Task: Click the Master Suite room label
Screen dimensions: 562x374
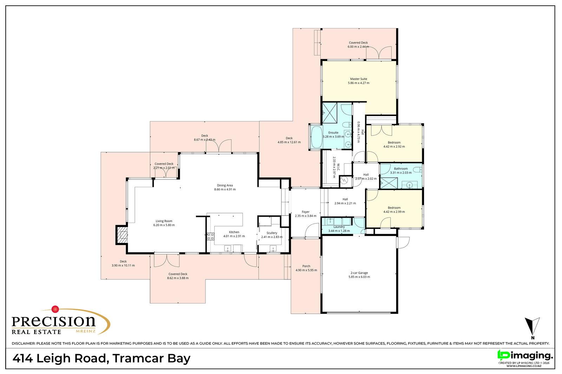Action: (359, 79)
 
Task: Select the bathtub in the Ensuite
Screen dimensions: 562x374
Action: (316, 137)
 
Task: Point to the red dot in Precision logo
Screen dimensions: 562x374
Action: (55, 309)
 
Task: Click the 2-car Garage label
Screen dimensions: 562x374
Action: (359, 273)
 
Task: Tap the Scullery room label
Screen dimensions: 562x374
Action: (272, 233)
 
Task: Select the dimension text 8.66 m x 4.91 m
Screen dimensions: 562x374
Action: (225, 190)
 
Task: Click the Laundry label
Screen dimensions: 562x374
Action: (339, 227)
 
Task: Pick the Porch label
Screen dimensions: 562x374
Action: (306, 266)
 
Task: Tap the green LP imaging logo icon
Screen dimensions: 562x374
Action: (503, 355)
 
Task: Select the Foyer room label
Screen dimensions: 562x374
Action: (306, 212)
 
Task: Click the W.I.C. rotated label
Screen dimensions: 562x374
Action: (338, 167)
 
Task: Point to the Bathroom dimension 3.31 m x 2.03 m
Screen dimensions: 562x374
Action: (401, 173)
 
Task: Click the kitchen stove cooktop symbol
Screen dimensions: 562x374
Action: (210, 237)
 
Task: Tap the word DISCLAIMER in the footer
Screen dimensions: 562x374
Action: (23, 344)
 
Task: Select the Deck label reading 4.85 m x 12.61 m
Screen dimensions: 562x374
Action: (289, 142)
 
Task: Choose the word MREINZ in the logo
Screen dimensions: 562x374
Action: (86, 331)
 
